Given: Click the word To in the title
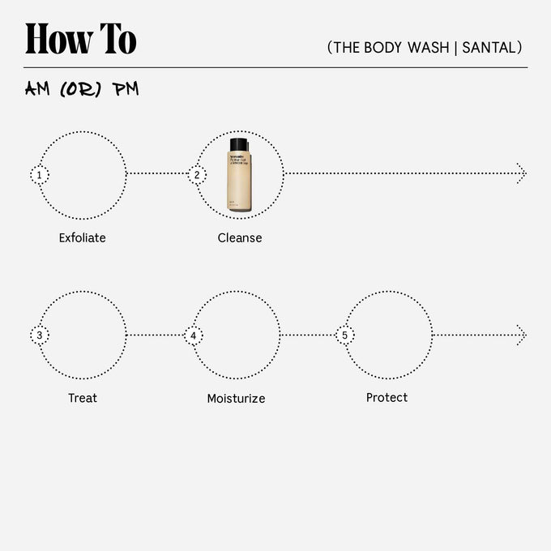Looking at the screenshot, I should (x=117, y=39).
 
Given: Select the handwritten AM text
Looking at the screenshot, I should (x=38, y=89).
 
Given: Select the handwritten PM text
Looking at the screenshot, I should (x=126, y=89).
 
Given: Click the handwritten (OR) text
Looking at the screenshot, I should (x=82, y=89).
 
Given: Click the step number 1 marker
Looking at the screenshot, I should (x=39, y=174).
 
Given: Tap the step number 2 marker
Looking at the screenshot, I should (x=197, y=174).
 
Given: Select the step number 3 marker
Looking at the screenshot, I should (x=39, y=335).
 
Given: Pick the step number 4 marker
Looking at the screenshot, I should (x=193, y=335).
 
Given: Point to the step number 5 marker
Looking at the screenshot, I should (x=345, y=335).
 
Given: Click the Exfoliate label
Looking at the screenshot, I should (x=82, y=238).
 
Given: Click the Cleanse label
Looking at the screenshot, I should (x=240, y=238).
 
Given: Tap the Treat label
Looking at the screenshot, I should (x=83, y=398).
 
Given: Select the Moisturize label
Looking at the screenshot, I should (x=236, y=399).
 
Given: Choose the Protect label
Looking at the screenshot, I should (x=387, y=398).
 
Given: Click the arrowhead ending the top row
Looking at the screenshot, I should (x=521, y=173).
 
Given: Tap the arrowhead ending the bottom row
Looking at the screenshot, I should (x=521, y=335).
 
